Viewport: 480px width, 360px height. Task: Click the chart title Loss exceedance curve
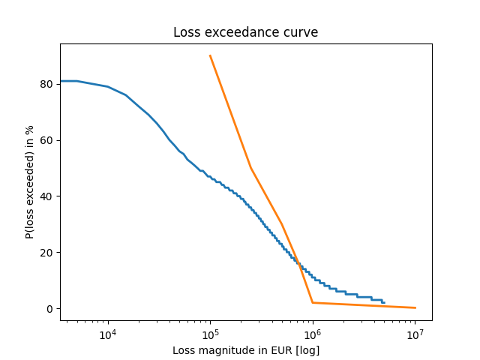[245, 32]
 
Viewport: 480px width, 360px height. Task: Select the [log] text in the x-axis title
[306, 350]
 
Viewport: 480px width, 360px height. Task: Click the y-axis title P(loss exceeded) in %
[30, 181]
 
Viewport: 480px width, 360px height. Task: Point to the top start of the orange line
[210, 55]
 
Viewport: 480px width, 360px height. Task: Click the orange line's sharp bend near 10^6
[313, 303]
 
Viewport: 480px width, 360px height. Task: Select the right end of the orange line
[415, 307]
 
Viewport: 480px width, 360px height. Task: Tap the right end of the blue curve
[384, 303]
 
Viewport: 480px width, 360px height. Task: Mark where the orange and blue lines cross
[298, 265]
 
